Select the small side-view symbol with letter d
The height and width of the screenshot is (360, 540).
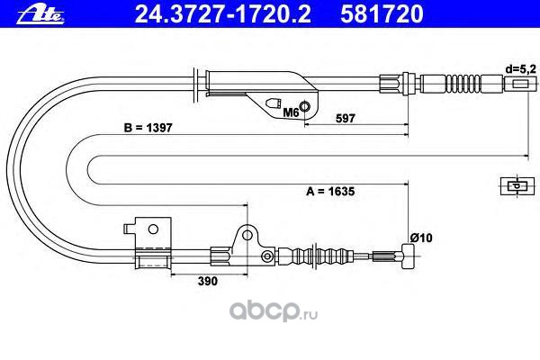coord(515,186)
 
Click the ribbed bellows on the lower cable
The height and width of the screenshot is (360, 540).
coord(333,256)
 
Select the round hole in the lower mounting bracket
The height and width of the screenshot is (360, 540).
coord(243,237)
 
